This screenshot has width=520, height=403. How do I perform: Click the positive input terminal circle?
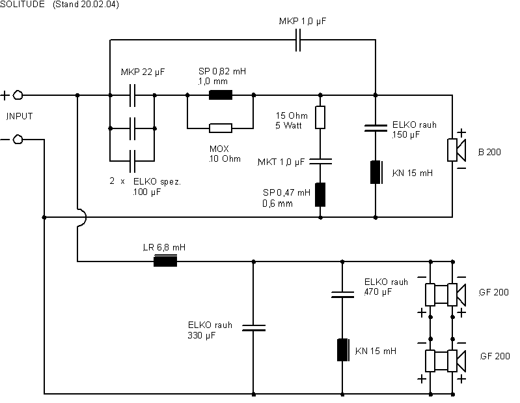point(18,95)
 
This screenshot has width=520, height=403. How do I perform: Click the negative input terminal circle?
point(18,140)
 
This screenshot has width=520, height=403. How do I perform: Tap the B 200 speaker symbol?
point(457,150)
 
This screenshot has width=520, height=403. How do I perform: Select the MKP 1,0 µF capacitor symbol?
point(298,40)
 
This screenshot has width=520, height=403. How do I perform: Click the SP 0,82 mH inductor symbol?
point(221,95)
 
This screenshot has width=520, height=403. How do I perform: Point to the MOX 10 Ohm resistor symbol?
point(221,128)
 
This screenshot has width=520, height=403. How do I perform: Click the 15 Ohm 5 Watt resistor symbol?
point(320,117)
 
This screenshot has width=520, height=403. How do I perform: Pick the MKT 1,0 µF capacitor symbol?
point(320,162)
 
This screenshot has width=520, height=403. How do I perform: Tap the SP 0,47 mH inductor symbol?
point(320,194)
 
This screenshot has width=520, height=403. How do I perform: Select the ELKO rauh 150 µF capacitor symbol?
point(376,128)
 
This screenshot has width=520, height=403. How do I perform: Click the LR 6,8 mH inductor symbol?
point(165,261)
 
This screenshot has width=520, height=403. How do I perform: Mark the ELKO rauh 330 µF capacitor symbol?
point(254,328)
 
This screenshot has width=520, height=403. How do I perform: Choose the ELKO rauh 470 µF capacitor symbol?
point(342,294)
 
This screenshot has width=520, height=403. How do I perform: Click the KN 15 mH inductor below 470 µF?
point(343,350)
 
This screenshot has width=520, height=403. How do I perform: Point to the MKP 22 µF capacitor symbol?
point(132,95)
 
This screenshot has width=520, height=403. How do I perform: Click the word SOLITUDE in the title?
point(22,5)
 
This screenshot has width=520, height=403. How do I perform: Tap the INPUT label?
point(20,116)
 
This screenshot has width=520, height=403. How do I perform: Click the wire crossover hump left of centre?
point(82,217)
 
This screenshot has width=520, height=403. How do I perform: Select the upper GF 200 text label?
point(494,292)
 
